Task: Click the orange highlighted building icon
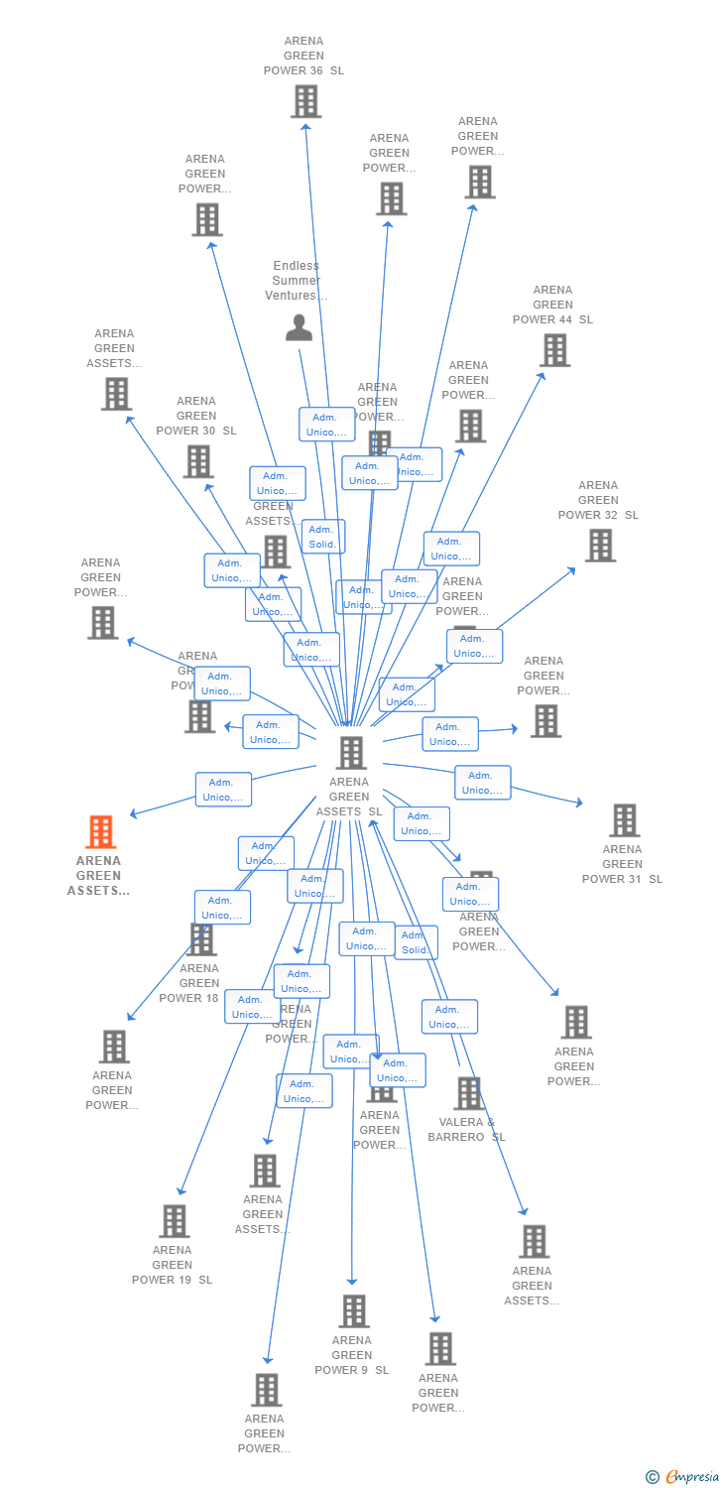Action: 101,832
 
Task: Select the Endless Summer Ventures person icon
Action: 299,327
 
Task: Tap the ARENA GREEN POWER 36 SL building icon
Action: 305,101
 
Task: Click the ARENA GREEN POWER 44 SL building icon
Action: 554,350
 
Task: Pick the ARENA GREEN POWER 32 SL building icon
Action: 599,546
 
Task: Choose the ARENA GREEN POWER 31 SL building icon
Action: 624,820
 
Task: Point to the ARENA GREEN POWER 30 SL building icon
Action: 198,461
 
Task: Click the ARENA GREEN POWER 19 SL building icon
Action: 175,1221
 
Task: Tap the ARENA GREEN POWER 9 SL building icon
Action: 354,1311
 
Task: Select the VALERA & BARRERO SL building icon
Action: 468,1093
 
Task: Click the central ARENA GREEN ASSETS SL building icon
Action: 350,753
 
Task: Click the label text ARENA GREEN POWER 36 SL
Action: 303,56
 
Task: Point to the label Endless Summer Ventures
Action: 296,281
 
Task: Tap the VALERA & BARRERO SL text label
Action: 466,1130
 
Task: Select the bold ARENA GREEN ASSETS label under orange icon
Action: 98,875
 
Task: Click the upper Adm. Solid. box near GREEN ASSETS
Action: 322,537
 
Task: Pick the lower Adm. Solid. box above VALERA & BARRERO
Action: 416,942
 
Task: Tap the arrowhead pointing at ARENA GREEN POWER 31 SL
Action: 579,804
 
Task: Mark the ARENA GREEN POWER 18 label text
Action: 188,983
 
